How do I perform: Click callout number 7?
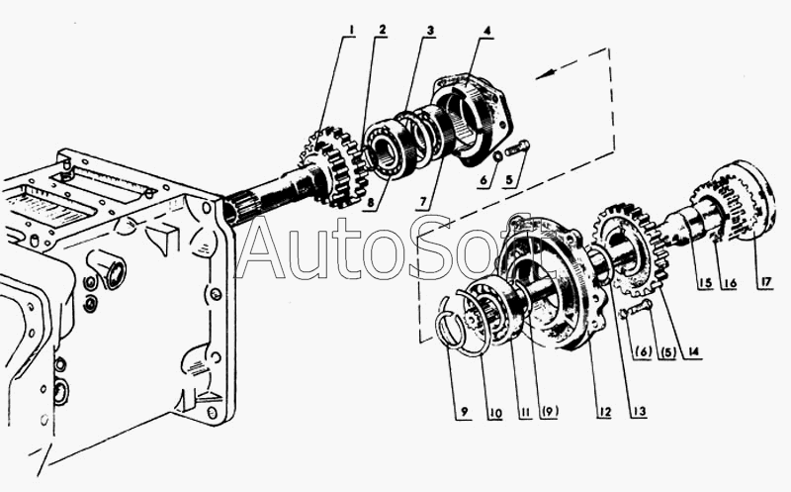tap(422, 202)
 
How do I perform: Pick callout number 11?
tap(521, 413)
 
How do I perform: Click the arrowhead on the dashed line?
tap(541, 72)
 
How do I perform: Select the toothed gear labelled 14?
tap(630, 247)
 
